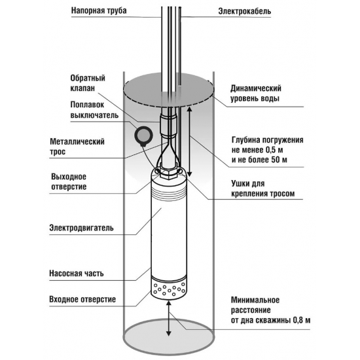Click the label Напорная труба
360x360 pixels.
(x=99, y=10)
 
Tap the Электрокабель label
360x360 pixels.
(x=245, y=11)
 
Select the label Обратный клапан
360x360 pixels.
(x=88, y=83)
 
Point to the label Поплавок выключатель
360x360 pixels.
(x=94, y=109)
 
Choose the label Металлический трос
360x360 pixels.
(x=77, y=147)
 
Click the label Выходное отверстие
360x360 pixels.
(x=69, y=181)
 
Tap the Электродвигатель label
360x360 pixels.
(x=82, y=228)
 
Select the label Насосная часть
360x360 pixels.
(x=77, y=274)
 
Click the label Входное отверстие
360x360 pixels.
(x=82, y=299)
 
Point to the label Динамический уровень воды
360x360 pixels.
(x=256, y=94)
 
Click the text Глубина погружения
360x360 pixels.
(x=268, y=140)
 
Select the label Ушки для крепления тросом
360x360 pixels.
(x=262, y=189)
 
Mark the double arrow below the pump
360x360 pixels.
(x=169, y=319)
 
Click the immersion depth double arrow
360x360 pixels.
(x=190, y=141)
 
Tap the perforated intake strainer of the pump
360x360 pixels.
(x=168, y=289)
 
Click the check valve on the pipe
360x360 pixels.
(x=168, y=126)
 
